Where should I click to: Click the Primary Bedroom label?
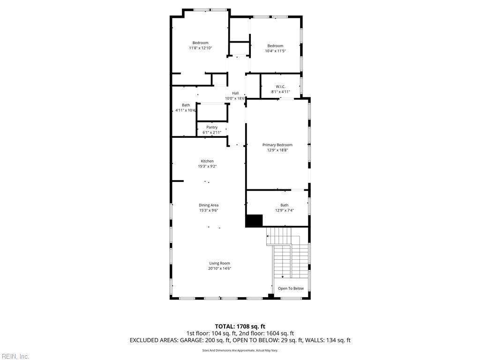[277, 145]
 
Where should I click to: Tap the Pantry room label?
[212, 127]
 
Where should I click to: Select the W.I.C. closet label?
[280, 87]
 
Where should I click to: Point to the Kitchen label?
[207, 161]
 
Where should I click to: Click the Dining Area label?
[209, 205]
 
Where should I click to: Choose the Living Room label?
[219, 263]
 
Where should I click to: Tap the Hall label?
[235, 93]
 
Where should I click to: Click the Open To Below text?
[291, 289]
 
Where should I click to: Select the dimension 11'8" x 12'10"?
[201, 48]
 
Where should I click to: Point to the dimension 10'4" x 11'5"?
[275, 51]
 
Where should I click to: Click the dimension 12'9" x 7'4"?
[284, 210]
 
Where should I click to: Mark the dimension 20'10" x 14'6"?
[219, 269]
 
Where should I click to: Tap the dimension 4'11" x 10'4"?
[186, 111]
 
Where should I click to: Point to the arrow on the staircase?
[282, 277]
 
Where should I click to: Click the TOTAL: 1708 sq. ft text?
[240, 326]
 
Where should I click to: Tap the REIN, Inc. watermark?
[15, 357]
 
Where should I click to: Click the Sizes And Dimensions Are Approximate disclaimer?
[240, 351]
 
